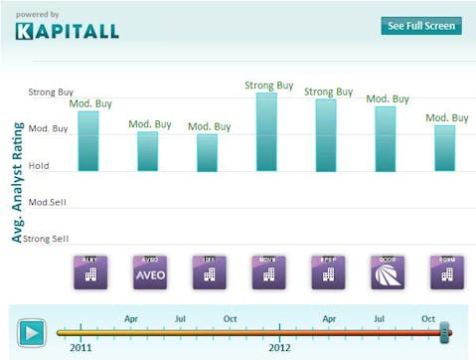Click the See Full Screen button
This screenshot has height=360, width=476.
pos(421,26)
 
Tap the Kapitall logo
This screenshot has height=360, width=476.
pos(67,31)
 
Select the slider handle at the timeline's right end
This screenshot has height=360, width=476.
pos(445,331)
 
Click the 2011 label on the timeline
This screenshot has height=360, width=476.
pos(81,348)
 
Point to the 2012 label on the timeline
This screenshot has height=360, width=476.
pos(280,348)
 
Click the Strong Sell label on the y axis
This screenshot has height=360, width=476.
pos(46,239)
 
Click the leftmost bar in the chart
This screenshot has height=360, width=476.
pos(88,140)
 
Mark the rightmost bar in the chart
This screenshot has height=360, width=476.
pos(445,147)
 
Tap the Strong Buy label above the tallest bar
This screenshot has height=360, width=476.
pos(268,86)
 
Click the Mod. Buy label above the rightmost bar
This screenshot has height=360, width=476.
pos(447,117)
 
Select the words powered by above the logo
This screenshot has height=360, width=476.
pos(38,14)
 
